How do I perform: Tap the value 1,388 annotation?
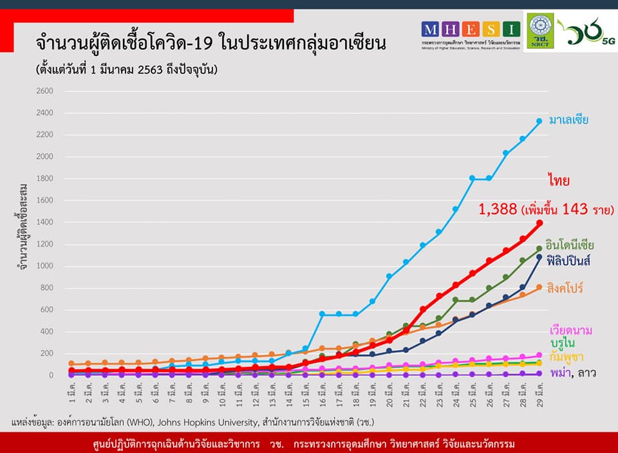tap(498, 208)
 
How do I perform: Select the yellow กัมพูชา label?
tap(566, 356)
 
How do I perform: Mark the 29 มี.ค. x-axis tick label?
tap(539, 394)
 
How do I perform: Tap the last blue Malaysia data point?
tap(539, 121)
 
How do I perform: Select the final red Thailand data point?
tap(539, 223)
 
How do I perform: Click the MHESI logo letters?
tap(471, 29)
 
